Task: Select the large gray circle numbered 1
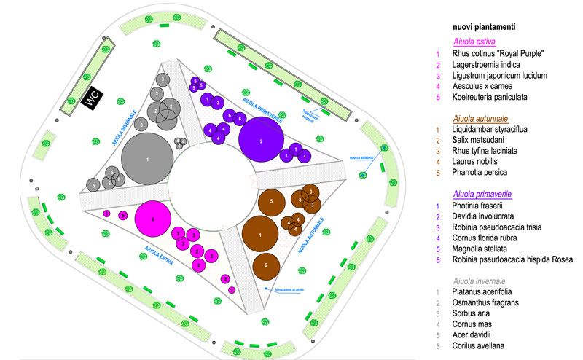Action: pos(147,158)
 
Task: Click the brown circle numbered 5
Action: pos(271,200)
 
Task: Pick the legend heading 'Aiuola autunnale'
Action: pos(482,117)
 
